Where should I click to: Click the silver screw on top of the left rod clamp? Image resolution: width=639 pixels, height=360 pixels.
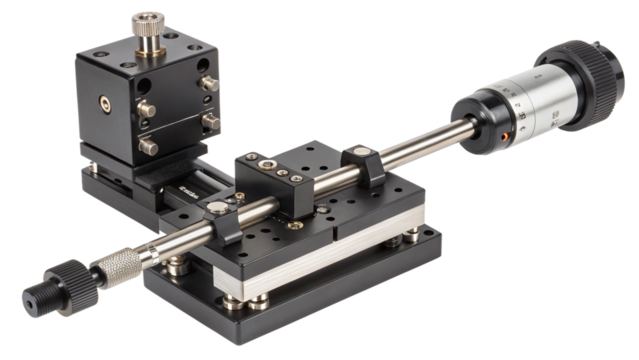click(x=216, y=209)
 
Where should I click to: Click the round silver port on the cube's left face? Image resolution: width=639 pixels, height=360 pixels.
click(x=103, y=101)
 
